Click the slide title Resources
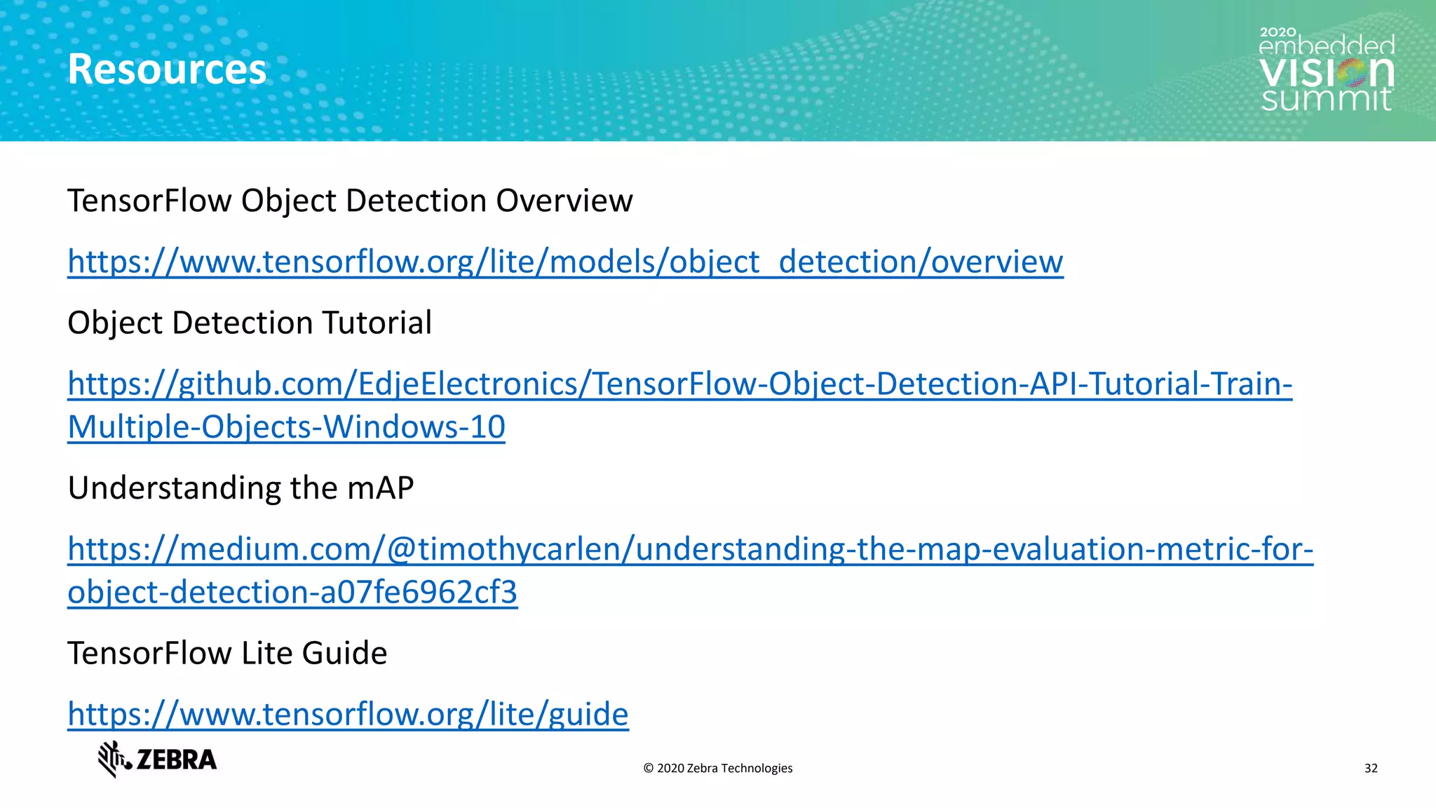(x=167, y=69)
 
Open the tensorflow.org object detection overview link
(x=565, y=262)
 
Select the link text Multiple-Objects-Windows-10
(x=286, y=427)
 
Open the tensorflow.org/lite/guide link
(x=348, y=715)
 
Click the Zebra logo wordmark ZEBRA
(x=177, y=760)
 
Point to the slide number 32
(x=1371, y=769)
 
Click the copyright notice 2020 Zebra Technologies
(x=718, y=769)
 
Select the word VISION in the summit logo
(x=1326, y=72)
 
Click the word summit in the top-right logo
(x=1326, y=99)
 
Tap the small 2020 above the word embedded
(x=1278, y=32)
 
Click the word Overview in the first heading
(x=564, y=201)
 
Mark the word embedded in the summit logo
(x=1327, y=47)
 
